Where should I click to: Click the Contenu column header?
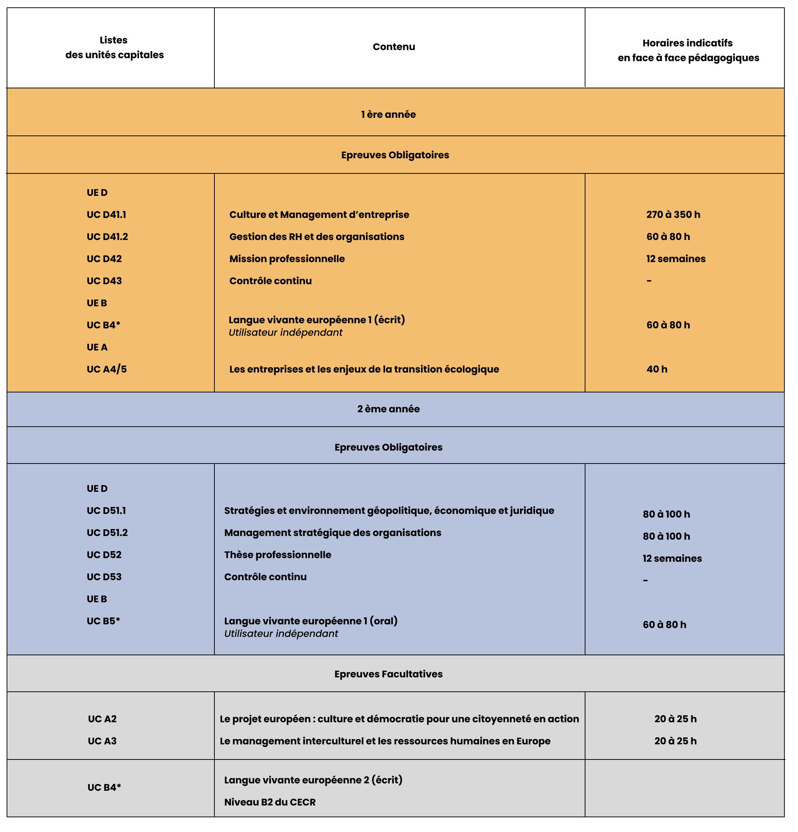coord(393,47)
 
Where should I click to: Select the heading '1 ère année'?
coord(388,114)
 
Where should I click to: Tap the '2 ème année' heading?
coord(388,409)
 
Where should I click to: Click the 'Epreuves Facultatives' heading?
coord(388,674)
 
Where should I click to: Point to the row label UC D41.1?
coord(106,214)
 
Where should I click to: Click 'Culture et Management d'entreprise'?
coord(319,214)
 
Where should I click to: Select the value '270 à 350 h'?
coord(673,214)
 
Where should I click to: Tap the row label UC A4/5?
coord(106,369)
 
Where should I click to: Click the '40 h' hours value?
coord(656,369)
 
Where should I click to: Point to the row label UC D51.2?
coord(107,532)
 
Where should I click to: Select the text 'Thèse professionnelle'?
coord(277,554)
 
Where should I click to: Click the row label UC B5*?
coord(103,621)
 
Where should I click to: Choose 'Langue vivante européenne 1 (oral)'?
coord(310,621)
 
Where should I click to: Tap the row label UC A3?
coord(102,741)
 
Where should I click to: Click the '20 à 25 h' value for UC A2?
coord(675,719)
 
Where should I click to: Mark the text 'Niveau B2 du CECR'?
coord(270,802)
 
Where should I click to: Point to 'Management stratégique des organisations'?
coord(332,532)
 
